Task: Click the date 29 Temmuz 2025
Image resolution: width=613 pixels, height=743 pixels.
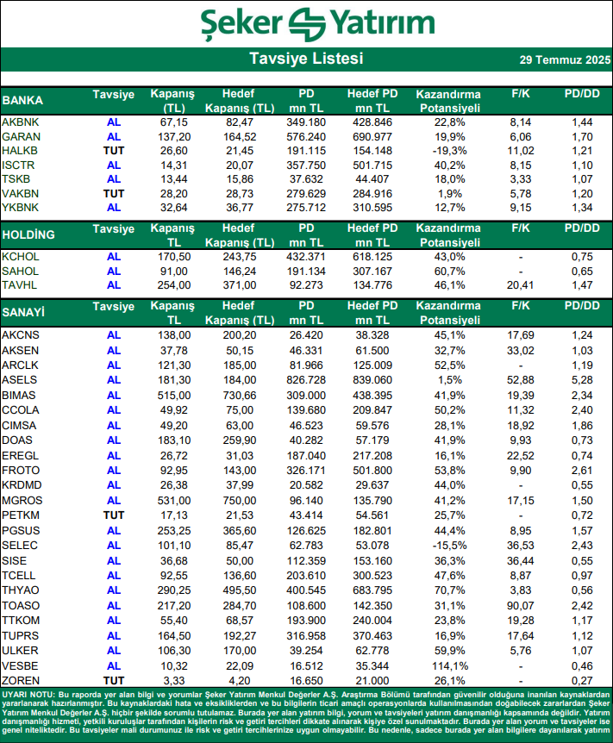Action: tap(565, 60)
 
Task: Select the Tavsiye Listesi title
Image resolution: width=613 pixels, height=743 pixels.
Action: tap(306, 59)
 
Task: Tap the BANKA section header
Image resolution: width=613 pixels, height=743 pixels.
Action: tap(23, 100)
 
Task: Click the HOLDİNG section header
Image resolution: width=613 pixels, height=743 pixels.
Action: tap(29, 234)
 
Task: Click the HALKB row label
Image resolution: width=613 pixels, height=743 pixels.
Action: tap(21, 151)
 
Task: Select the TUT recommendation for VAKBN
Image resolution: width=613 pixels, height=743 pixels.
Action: tap(114, 195)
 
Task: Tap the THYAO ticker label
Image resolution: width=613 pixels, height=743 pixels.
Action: tap(21, 590)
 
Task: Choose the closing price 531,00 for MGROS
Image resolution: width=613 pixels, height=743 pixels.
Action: tap(173, 500)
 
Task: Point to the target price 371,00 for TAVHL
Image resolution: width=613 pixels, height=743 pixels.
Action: tap(238, 285)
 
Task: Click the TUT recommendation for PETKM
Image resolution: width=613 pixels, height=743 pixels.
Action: tap(114, 515)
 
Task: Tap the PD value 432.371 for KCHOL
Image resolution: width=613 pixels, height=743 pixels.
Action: tap(307, 256)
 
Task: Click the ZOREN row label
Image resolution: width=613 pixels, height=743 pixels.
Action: tap(22, 680)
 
